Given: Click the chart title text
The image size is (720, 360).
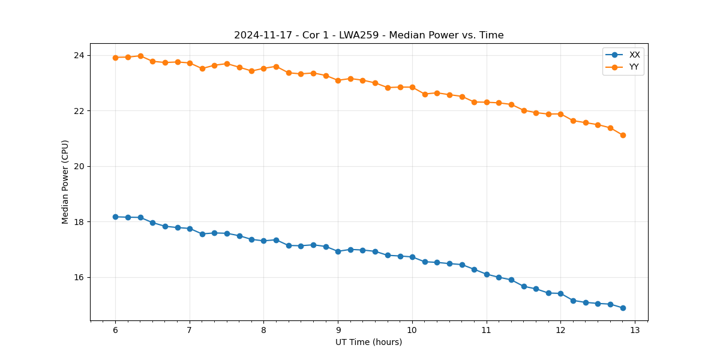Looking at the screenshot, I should coord(368,35).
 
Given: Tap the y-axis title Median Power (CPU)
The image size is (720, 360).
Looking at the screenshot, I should coord(65,182).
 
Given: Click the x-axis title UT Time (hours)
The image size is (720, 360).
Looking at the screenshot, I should coord(368,342).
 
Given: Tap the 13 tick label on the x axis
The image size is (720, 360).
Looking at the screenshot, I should coord(635,330).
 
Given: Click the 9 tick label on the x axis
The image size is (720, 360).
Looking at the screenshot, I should coord(338,330).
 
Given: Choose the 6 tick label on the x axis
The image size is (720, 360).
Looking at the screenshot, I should coord(115,330).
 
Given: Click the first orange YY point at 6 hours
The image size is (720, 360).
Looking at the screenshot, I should coord(115,58).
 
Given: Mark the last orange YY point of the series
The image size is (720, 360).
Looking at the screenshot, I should coord(623,135).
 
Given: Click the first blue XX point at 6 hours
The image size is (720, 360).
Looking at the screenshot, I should coord(115,217).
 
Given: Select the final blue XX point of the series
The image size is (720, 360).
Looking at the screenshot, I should coord(623,308).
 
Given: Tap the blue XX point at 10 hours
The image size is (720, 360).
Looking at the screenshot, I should coord(412,257).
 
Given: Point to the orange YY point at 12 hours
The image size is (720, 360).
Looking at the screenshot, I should coord(560,114).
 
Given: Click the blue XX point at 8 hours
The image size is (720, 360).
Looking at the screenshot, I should coord(263,241).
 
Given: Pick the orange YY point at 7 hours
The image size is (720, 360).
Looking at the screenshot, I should coord(190,63).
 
